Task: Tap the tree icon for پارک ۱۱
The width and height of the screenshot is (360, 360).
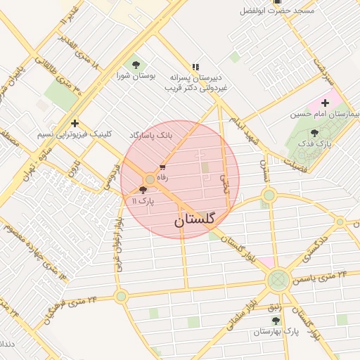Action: (144, 190)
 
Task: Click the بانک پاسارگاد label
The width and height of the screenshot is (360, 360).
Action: (150, 134)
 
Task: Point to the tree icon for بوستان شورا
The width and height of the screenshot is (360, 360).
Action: (136, 65)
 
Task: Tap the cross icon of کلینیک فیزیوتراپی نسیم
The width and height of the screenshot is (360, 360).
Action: (75, 123)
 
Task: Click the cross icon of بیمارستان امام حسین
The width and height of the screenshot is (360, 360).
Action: (325, 103)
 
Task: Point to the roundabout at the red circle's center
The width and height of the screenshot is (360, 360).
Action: (150, 180)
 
